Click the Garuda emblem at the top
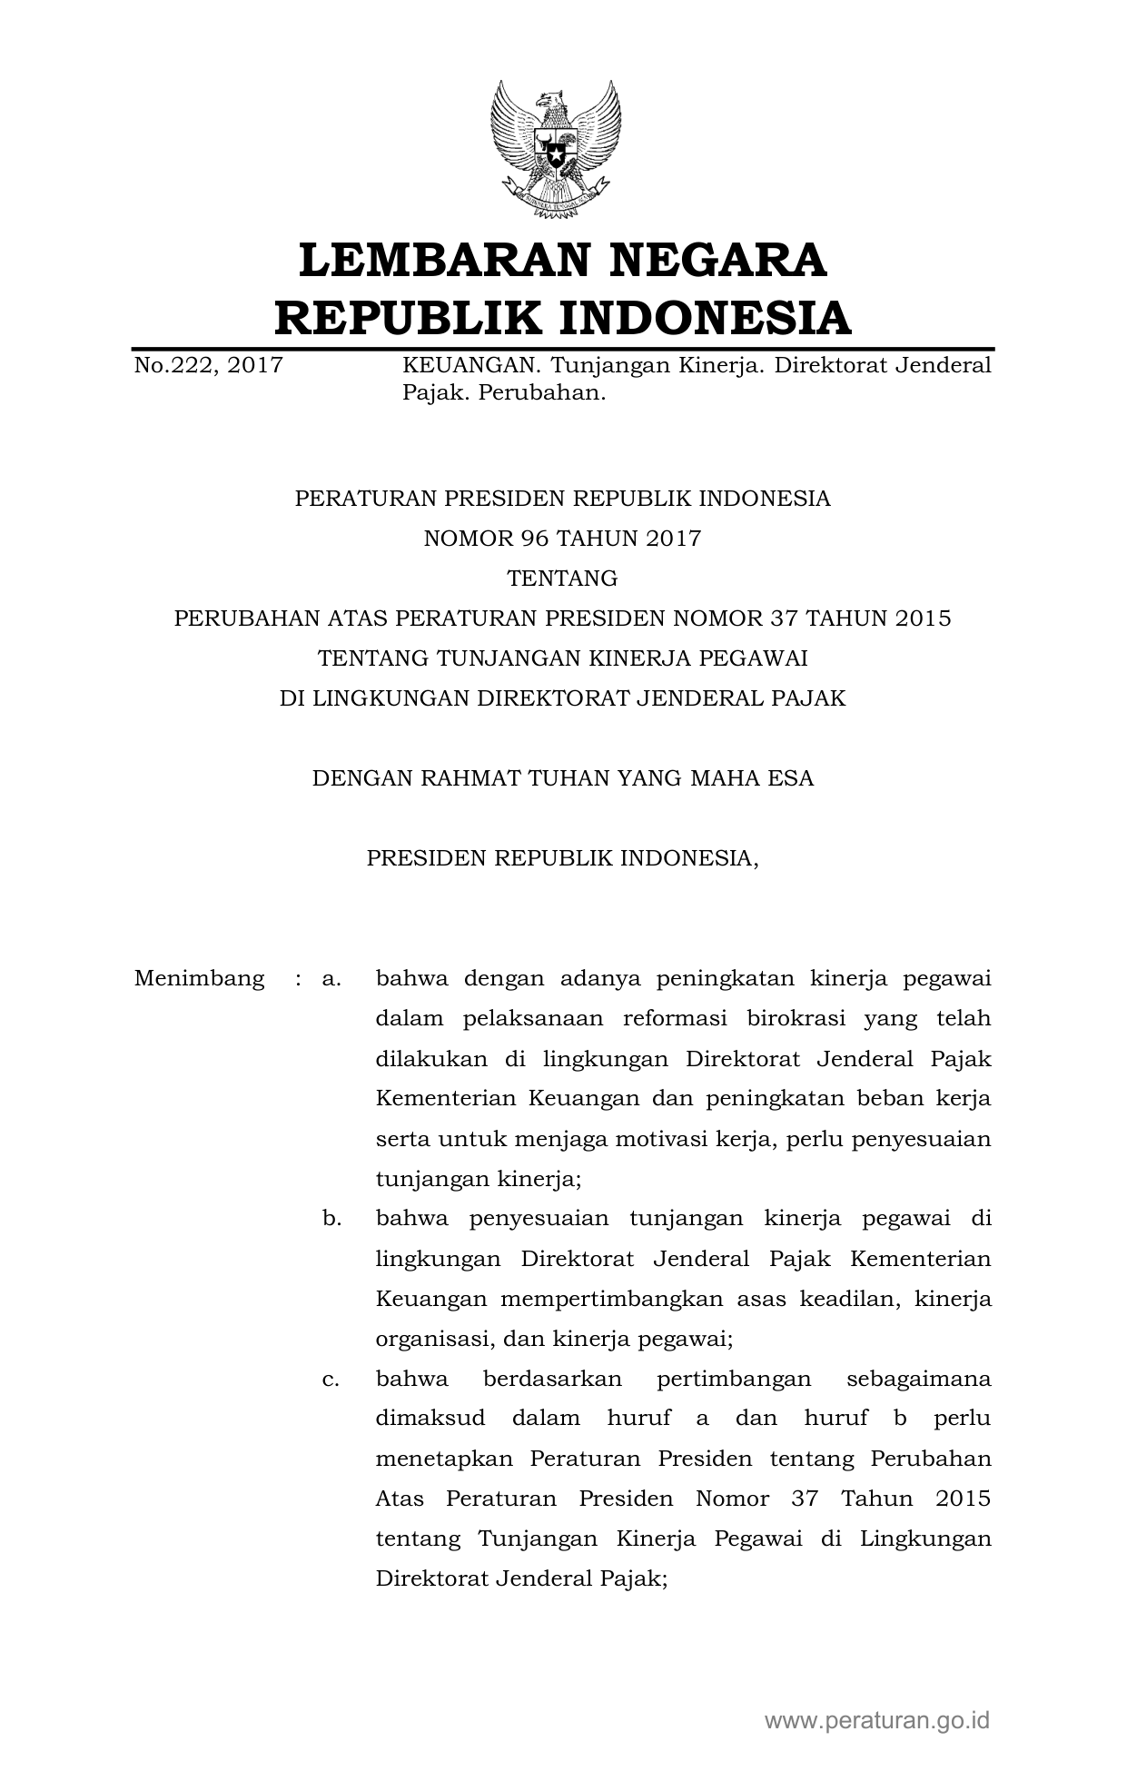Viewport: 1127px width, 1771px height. pyautogui.click(x=556, y=150)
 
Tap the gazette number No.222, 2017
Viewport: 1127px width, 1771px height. pyautogui.click(x=208, y=366)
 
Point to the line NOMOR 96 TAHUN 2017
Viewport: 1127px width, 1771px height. pyautogui.click(x=562, y=539)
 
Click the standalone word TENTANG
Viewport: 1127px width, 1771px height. pyautogui.click(x=562, y=579)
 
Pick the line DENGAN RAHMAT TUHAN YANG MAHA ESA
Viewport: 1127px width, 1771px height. pyautogui.click(x=562, y=778)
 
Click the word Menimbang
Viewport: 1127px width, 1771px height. pyautogui.click(x=199, y=979)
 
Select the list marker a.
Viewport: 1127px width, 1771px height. pyautogui.click(x=331, y=979)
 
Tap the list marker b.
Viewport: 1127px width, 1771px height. pyautogui.click(x=331, y=1219)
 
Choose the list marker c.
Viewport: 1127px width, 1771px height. pyautogui.click(x=331, y=1379)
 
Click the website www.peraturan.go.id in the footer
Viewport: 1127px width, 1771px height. pyautogui.click(x=876, y=1719)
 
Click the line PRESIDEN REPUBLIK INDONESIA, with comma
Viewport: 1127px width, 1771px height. pyautogui.click(x=562, y=858)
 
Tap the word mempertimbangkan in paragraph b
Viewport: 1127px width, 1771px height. pyautogui.click(x=612, y=1299)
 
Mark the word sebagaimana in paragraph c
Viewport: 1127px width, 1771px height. pyautogui.click(x=918, y=1379)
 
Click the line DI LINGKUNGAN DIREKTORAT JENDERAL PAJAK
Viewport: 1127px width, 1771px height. pyautogui.click(x=562, y=698)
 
